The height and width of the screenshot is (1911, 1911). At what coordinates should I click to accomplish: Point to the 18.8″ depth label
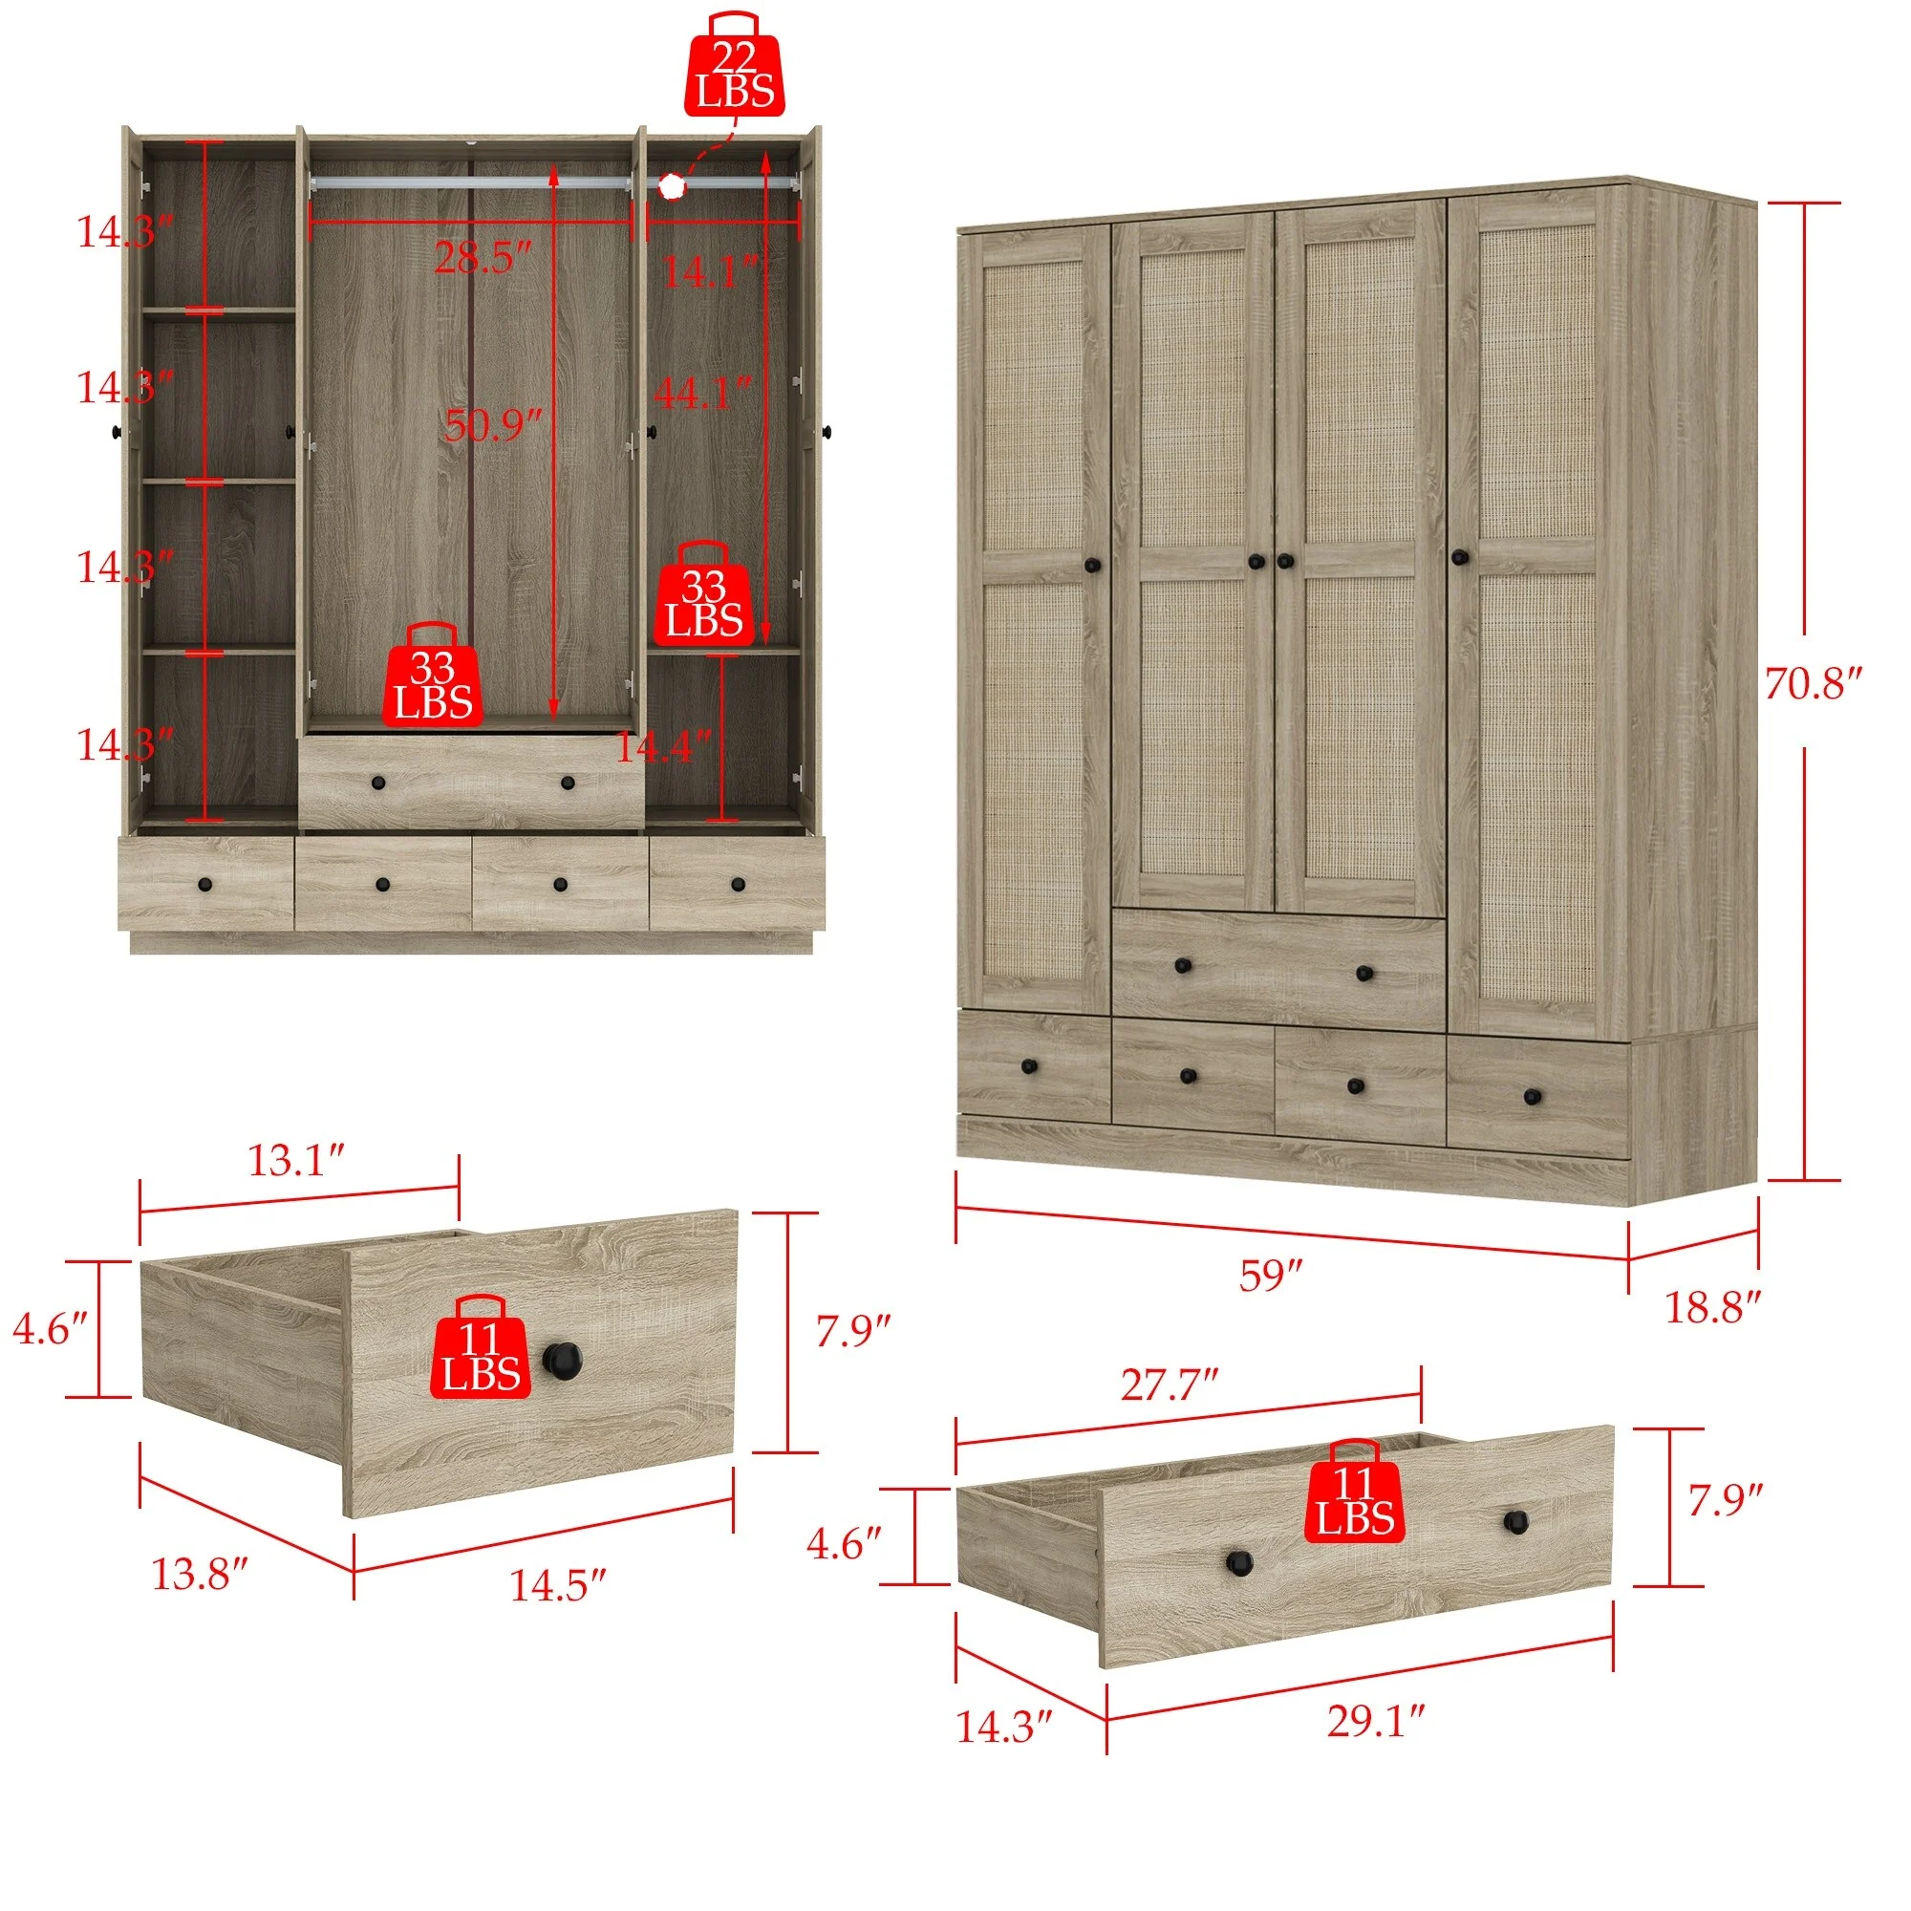(x=1713, y=1308)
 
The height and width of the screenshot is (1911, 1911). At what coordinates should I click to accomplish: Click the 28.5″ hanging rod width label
(x=483, y=259)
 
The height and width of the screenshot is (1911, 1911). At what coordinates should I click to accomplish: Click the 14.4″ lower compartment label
(x=662, y=748)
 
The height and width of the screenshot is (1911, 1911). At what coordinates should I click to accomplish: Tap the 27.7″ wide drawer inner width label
(x=1169, y=1385)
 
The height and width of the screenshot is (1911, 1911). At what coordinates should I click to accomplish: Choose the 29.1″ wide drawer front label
(x=1375, y=1721)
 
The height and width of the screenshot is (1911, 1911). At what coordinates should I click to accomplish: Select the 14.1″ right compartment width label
(x=709, y=272)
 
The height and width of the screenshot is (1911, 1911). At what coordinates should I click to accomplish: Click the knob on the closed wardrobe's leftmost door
(x=1092, y=565)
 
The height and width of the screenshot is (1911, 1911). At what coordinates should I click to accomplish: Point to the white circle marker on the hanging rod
(x=672, y=185)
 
